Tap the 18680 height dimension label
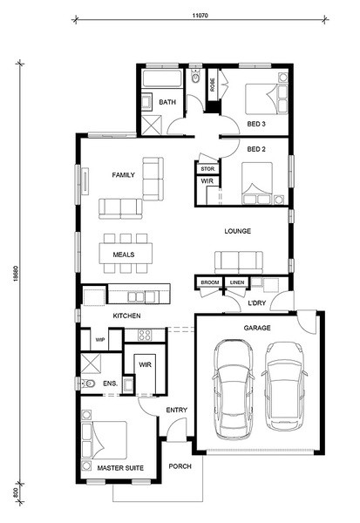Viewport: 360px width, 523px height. click(x=16, y=273)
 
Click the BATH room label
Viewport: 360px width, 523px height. click(x=167, y=102)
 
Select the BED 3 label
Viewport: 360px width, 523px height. click(x=256, y=124)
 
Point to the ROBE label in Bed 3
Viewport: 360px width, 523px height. click(x=212, y=85)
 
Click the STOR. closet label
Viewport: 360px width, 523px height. click(x=207, y=169)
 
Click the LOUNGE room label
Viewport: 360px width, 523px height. click(x=238, y=231)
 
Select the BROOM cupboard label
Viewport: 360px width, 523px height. click(x=210, y=282)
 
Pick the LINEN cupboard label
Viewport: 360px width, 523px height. click(x=237, y=282)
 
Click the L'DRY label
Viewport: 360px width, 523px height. click(x=257, y=302)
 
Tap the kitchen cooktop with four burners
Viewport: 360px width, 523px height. click(x=145, y=335)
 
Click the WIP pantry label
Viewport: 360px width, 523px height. click(x=100, y=340)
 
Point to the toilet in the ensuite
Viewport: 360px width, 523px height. click(x=88, y=384)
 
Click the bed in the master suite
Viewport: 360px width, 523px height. click(x=104, y=440)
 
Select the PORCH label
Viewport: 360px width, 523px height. click(x=180, y=466)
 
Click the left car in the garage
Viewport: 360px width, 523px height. click(x=234, y=390)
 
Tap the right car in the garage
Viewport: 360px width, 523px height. click(x=284, y=386)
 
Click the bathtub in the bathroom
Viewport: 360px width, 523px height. click(x=162, y=78)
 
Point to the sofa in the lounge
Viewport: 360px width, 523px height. click(x=238, y=262)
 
